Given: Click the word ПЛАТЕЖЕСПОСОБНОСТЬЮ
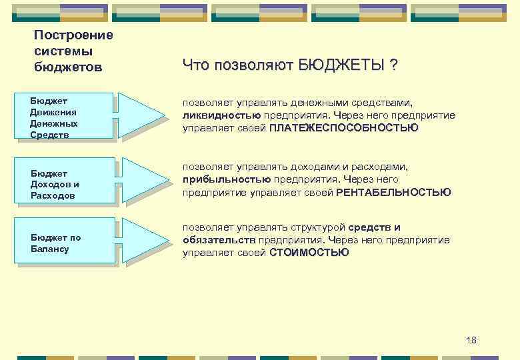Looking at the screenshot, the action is point(344,127).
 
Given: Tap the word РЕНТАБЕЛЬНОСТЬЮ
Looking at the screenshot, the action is point(393,192).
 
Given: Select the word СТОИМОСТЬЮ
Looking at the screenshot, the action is point(309,253).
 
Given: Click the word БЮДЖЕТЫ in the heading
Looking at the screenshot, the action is point(341,65).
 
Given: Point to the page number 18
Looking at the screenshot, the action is point(471,340).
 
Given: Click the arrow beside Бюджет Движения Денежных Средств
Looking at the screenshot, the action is point(141,115).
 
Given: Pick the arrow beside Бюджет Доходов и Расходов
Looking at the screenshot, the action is point(141,181).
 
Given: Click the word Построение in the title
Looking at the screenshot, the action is point(73,35).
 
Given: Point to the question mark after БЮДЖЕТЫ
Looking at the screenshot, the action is point(394,65).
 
